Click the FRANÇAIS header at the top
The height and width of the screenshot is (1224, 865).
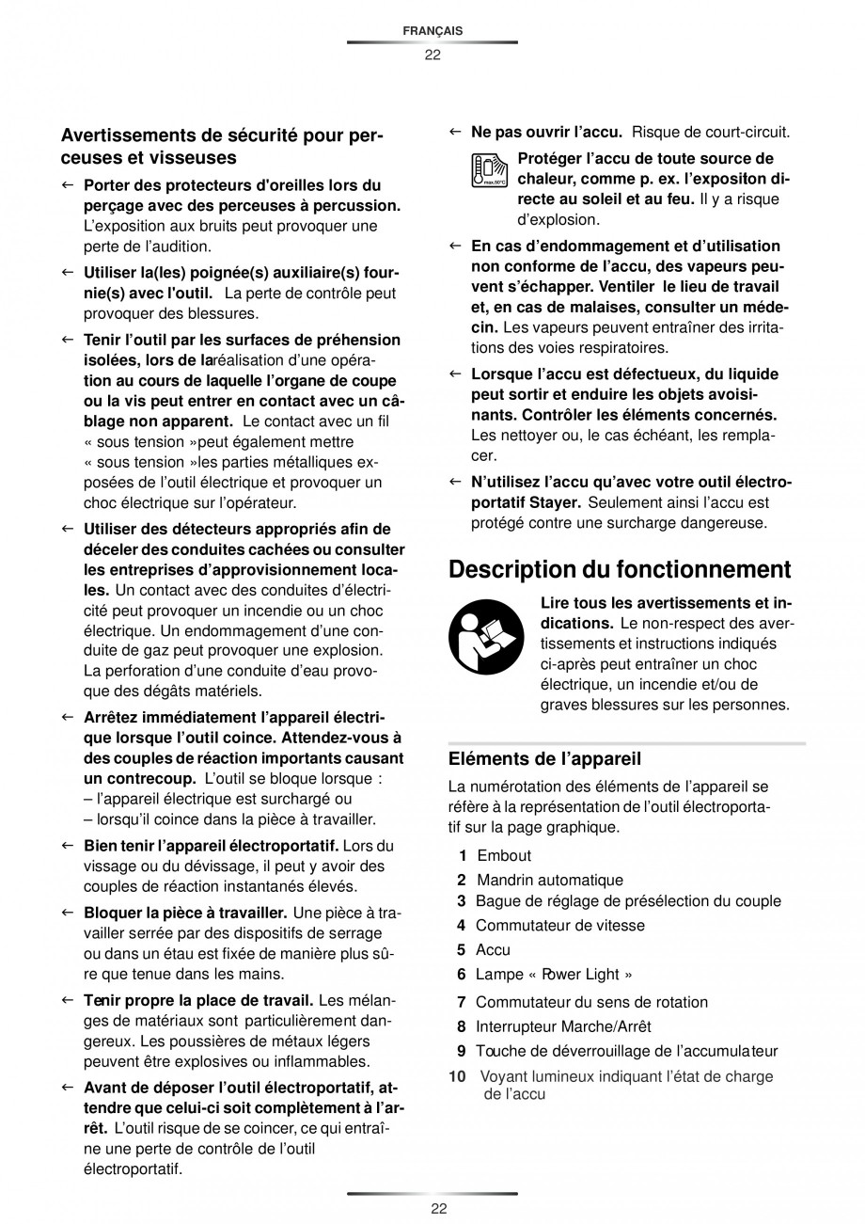(x=432, y=31)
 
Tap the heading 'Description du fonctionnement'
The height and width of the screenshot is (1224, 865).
(x=620, y=569)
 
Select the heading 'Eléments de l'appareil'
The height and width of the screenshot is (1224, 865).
(x=544, y=758)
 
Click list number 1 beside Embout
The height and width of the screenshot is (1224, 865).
(x=463, y=855)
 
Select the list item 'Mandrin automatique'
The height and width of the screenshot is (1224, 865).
(x=550, y=880)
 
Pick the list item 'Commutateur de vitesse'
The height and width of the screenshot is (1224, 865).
(x=559, y=925)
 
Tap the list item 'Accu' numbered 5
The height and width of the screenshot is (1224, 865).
(x=493, y=949)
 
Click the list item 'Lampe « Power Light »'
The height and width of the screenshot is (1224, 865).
(x=553, y=974)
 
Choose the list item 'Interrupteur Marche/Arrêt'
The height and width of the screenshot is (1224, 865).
(x=563, y=1026)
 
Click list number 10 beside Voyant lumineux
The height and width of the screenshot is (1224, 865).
(x=458, y=1076)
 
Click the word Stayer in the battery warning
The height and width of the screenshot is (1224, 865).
(x=558, y=502)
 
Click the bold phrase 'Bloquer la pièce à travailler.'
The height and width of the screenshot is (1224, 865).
(x=185, y=913)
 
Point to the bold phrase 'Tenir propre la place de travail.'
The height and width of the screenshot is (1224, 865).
(x=198, y=999)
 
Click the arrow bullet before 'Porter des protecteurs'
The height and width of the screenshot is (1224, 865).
(x=67, y=185)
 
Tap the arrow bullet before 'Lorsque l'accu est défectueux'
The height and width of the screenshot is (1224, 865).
(x=454, y=374)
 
